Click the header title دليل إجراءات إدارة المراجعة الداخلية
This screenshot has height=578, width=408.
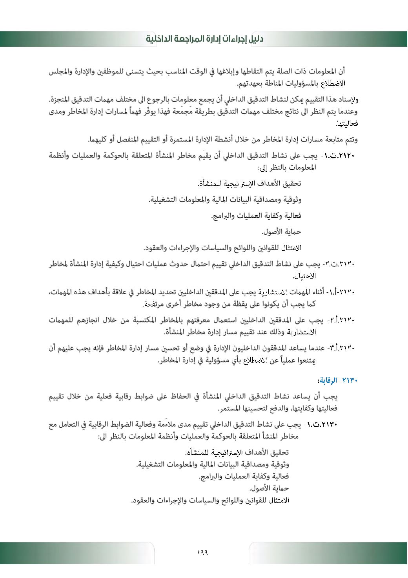point(204,39)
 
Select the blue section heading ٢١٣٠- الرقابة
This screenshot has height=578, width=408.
point(337,380)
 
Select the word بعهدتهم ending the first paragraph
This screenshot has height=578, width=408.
point(250,83)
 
